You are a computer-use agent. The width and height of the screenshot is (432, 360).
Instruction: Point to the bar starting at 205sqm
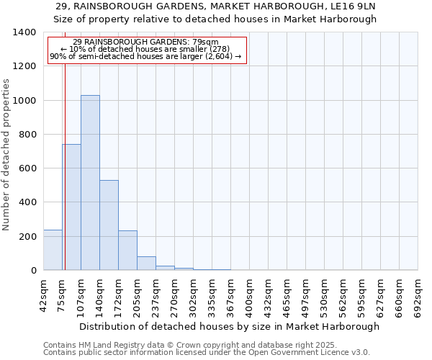click(146, 264)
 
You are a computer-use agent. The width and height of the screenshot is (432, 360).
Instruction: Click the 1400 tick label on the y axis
click(24, 32)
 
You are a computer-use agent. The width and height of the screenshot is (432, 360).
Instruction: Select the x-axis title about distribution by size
click(229, 326)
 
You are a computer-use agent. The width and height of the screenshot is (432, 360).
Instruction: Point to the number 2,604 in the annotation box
click(216, 56)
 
